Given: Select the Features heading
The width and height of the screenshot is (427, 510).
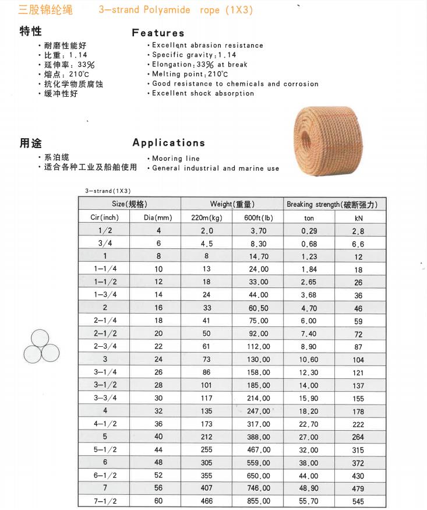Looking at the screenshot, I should pyautogui.click(x=158, y=33).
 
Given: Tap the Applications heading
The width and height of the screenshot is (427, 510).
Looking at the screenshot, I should pyautogui.click(x=168, y=142).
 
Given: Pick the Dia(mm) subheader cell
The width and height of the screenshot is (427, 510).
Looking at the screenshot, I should pyautogui.click(x=158, y=217).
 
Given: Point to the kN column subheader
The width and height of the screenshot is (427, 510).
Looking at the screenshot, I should pyautogui.click(x=359, y=217).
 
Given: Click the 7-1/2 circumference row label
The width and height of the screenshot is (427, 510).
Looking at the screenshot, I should pyautogui.click(x=105, y=501).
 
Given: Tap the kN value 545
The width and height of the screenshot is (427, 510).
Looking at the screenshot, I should pyautogui.click(x=358, y=501).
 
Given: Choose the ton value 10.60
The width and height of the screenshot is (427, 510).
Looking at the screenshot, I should pyautogui.click(x=309, y=360).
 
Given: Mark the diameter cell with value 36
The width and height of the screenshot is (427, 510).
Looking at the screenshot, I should pyautogui.click(x=158, y=424).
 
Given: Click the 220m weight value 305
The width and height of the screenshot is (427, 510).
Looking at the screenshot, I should pyautogui.click(x=206, y=462).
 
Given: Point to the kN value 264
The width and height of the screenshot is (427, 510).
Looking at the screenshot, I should pyautogui.click(x=358, y=437).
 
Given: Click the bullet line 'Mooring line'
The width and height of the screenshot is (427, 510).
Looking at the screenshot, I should pyautogui.click(x=175, y=159).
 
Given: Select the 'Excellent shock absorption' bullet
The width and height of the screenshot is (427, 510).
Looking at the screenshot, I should pyautogui.click(x=203, y=93).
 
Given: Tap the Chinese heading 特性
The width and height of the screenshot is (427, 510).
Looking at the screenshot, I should pyautogui.click(x=30, y=31).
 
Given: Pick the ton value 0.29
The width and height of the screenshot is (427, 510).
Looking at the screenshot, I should pyautogui.click(x=309, y=231).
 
